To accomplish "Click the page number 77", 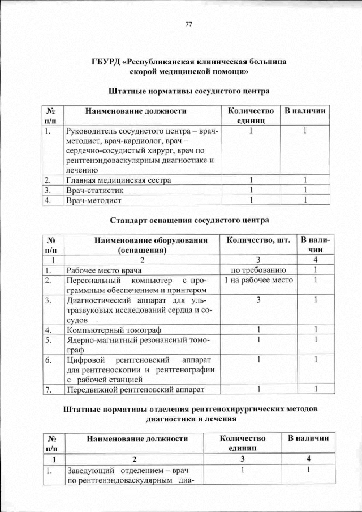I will coord(189,24).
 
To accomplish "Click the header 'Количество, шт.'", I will coord(257,240).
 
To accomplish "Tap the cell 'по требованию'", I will coord(258,270).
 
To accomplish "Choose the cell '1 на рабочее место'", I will coord(258,280).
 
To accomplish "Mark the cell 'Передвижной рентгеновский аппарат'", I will coord(135,389).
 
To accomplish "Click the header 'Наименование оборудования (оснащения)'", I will coord(143,245).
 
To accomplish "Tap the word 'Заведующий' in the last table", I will coord(90,471).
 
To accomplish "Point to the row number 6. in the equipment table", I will coord(49,360).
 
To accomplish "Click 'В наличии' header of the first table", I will coord(305,111).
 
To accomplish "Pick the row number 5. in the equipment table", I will coord(49,340).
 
